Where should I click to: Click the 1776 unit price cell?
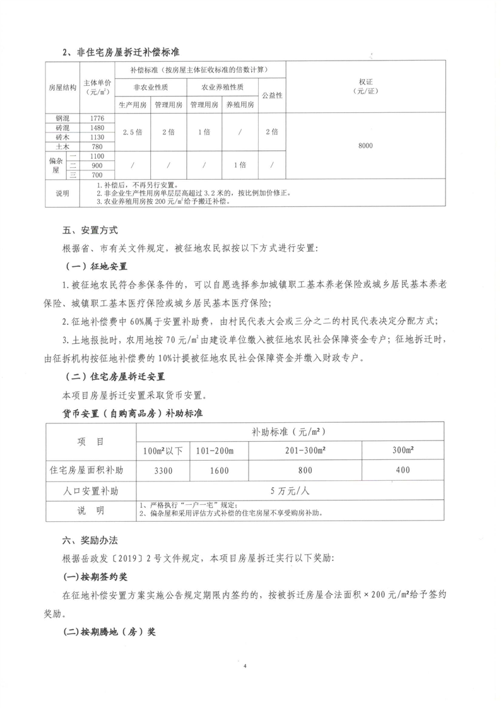97,118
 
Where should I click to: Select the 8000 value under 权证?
365,146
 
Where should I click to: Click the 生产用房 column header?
133,105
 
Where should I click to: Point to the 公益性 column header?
271,95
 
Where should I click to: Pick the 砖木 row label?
62,137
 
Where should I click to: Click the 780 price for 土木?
97,146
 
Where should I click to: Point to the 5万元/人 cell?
289,490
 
